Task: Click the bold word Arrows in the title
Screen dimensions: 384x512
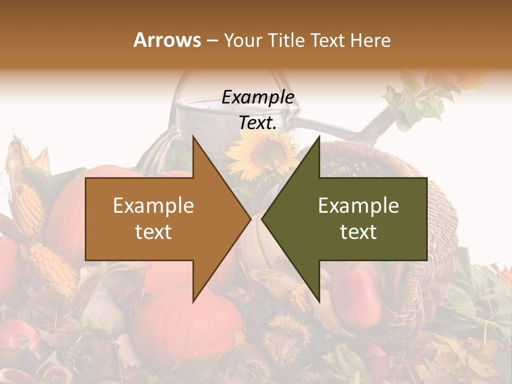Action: tap(167, 40)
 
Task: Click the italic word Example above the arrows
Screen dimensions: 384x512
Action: tap(258, 98)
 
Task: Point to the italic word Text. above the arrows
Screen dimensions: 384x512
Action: tap(258, 123)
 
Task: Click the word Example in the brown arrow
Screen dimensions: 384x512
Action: tap(154, 205)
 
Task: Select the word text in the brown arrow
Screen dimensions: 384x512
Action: tap(154, 232)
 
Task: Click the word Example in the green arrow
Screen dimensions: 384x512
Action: tap(358, 205)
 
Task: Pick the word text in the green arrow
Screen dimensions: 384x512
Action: tap(358, 232)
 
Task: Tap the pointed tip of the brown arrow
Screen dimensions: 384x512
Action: tap(250, 219)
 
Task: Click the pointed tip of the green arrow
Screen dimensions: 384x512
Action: tap(263, 219)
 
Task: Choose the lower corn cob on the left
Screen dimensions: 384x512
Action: tap(53, 267)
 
